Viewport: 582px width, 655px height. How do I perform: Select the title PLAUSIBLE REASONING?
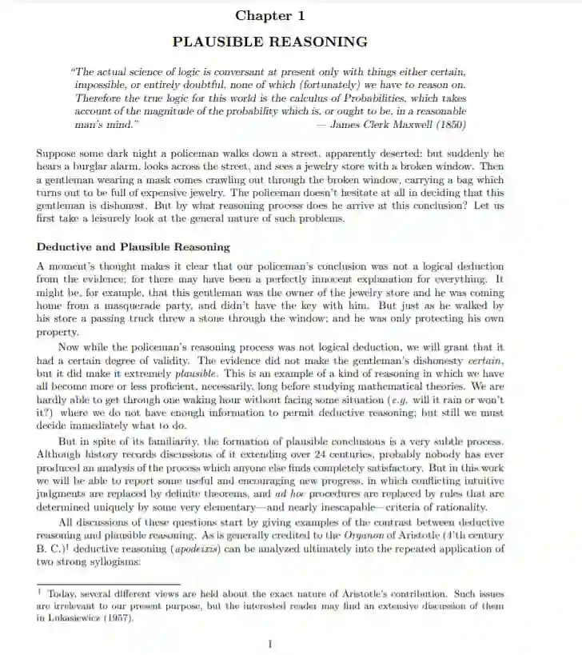(270, 42)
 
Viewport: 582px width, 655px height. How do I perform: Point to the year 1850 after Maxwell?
(449, 126)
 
